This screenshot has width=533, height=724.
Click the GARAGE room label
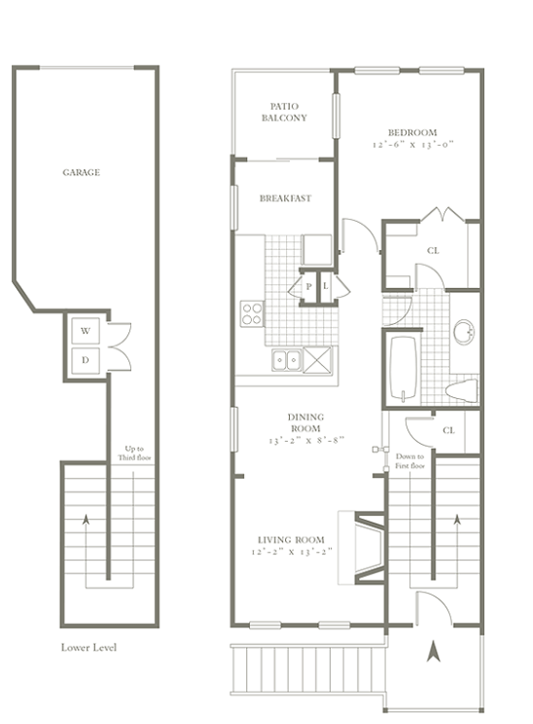82,172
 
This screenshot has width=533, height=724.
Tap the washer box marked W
86,331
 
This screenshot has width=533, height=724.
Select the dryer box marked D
86,360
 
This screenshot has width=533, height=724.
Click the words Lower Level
89,647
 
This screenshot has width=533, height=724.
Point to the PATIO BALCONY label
284,112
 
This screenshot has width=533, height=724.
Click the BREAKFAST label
285,199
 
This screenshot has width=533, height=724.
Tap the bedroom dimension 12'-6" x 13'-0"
413,145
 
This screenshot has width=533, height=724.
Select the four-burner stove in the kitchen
253,314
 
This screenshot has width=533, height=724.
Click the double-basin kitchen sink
287,360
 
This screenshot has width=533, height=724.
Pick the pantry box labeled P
308,286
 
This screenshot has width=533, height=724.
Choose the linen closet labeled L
326,286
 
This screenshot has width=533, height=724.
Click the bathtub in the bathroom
404,368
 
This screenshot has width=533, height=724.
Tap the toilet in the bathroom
461,390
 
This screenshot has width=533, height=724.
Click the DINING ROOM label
305,422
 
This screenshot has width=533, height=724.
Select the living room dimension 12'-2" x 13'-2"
292,552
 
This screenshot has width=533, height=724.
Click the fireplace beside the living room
362,547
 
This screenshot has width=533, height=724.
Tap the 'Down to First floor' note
409,461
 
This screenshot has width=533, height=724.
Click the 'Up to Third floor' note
134,452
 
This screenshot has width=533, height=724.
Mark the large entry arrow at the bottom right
433,651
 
